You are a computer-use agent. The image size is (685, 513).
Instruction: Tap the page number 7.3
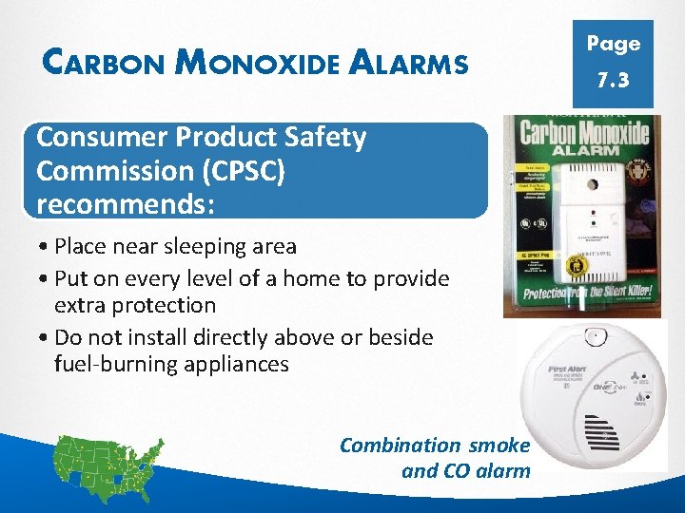613,81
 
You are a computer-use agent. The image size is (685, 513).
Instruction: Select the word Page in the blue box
613,44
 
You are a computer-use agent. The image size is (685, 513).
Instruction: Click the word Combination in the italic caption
400,445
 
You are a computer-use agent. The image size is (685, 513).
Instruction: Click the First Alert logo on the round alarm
567,369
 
